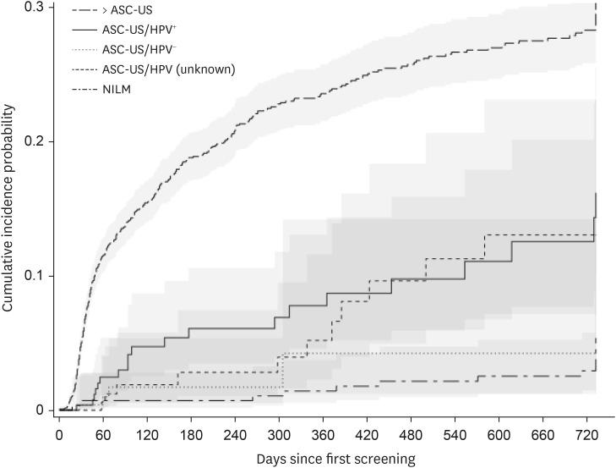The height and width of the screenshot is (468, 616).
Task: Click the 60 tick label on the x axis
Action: pos(102,434)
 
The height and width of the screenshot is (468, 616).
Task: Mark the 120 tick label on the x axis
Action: pos(147,434)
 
